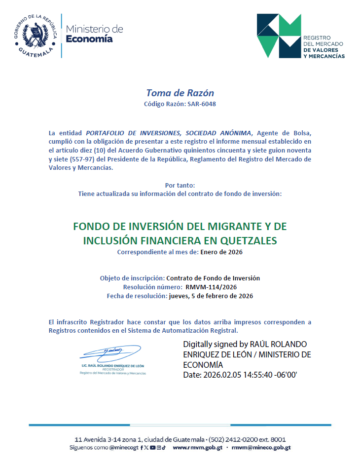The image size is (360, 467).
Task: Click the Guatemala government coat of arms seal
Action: pos(34,34)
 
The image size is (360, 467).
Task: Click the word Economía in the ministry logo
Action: pos(89,39)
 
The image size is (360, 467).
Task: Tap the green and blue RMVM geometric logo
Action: pos(279,36)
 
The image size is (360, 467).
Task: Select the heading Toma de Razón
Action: pos(180,93)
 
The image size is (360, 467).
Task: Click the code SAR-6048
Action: pos(202,104)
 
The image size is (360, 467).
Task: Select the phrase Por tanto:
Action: pos(180,185)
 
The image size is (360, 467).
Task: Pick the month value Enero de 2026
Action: pos(221,252)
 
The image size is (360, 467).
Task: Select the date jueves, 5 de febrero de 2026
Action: pos(211,296)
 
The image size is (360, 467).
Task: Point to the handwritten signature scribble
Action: pos(111,352)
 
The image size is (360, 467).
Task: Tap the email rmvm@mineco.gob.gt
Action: pos(261,447)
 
